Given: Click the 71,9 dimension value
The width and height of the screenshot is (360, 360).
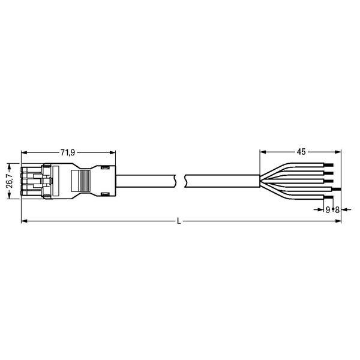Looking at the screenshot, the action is point(68,152).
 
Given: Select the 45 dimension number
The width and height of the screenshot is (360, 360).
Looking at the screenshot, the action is point(301,152).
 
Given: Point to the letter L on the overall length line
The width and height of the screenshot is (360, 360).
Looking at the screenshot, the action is point(179,221).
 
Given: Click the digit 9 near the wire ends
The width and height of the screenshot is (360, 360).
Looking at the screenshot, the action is point(328,209).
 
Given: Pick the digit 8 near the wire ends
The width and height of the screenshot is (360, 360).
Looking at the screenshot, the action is point(337,209).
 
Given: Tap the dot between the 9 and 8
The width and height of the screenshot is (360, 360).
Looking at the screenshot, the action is point(332,209).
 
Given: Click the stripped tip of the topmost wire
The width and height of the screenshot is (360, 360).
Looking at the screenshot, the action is point(329,165).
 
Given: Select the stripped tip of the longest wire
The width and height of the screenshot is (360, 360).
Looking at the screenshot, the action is point(337,189).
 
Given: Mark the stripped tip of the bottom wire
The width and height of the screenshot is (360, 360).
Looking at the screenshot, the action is point(329,197).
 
